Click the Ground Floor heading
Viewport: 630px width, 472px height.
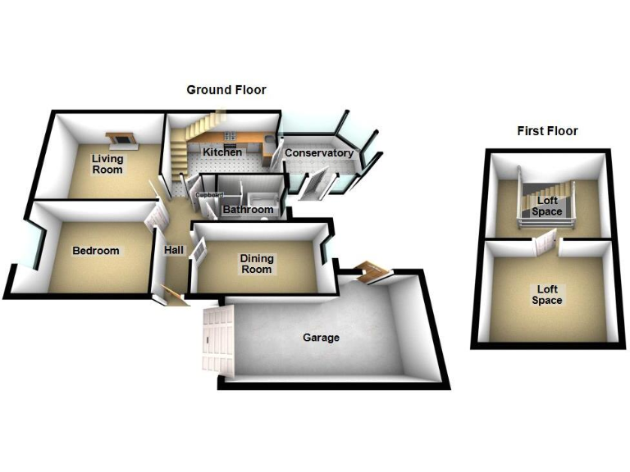[x=226, y=90]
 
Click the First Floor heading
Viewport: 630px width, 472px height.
[x=547, y=131]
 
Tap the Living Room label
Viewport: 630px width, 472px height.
[x=107, y=164]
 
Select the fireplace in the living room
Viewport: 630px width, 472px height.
[x=122, y=140]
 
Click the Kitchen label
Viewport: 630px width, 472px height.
[x=222, y=152]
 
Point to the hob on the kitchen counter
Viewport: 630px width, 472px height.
[x=231, y=135]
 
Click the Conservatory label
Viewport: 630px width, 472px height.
[x=319, y=153]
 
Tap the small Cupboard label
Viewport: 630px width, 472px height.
[x=209, y=195]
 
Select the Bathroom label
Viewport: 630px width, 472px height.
[x=248, y=210]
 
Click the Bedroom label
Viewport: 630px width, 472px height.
[x=96, y=251]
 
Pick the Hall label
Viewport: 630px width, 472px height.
[x=174, y=250]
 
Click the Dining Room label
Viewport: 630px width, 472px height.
[x=257, y=264]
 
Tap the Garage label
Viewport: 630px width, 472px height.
[x=321, y=338]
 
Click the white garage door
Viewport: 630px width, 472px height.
[x=218, y=340]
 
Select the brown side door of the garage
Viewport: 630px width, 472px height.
[x=372, y=272]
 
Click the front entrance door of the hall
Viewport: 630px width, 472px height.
[x=174, y=296]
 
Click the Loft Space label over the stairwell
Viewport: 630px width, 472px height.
[x=547, y=206]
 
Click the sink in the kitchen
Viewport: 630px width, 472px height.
[x=270, y=139]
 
